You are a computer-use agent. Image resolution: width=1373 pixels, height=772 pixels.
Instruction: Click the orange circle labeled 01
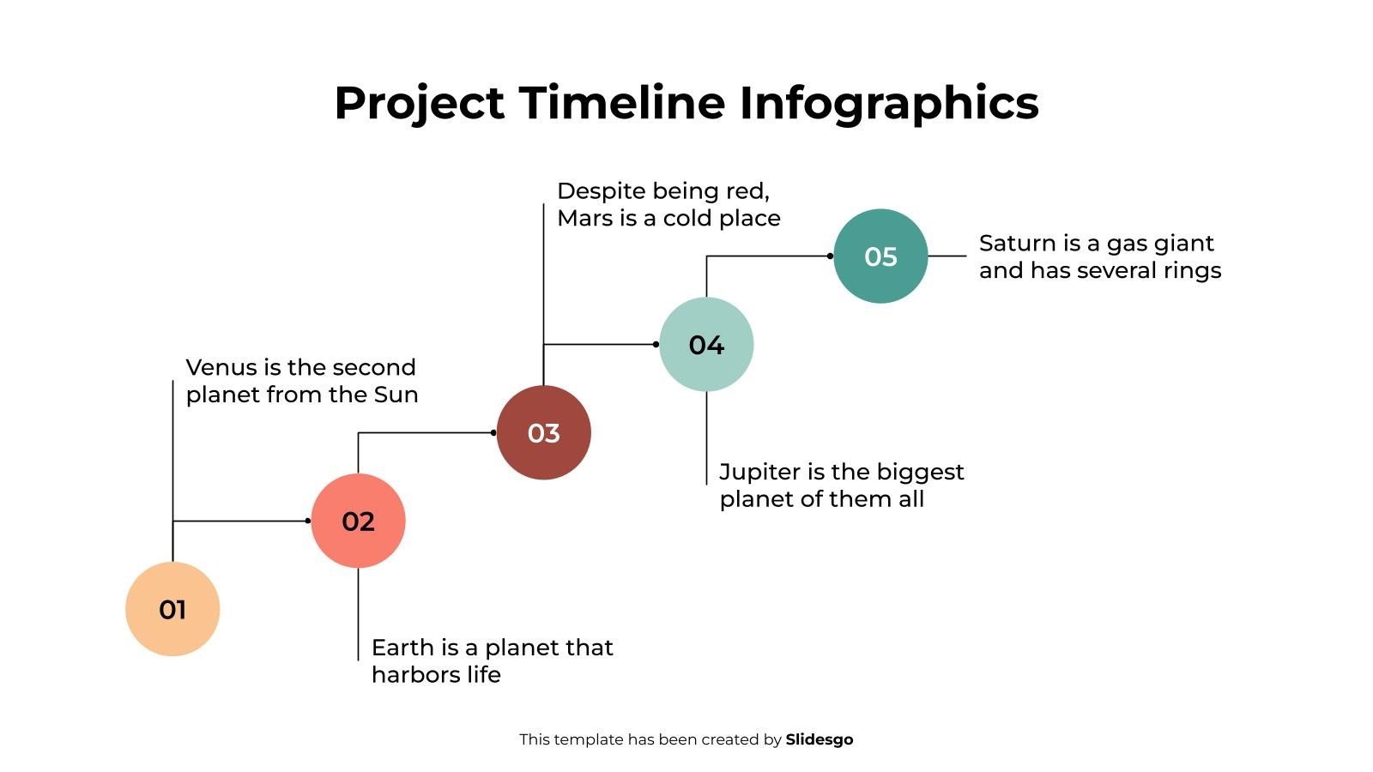click(172, 609)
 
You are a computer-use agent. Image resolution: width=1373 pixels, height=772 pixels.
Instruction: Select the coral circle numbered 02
click(358, 521)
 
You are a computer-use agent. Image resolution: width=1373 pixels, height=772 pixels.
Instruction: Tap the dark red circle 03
click(543, 432)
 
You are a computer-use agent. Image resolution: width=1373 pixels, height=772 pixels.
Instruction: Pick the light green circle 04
click(706, 344)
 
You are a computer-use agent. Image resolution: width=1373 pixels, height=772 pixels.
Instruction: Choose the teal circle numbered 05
click(880, 256)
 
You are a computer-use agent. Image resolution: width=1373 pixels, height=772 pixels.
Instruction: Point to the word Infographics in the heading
click(889, 102)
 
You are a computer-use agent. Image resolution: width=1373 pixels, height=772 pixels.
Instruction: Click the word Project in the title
click(419, 102)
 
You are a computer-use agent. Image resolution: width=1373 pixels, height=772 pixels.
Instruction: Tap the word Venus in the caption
click(221, 367)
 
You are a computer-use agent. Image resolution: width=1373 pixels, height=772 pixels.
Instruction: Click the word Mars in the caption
click(584, 218)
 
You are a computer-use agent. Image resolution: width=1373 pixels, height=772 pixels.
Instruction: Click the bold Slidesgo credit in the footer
click(820, 739)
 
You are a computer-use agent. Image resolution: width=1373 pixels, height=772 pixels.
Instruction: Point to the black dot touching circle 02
click(308, 521)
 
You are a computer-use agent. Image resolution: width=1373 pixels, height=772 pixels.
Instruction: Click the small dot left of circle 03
click(493, 432)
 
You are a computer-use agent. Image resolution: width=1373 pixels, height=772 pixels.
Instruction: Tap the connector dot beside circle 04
click(656, 344)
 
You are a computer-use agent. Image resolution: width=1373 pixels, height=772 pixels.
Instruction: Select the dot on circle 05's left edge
click(830, 256)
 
